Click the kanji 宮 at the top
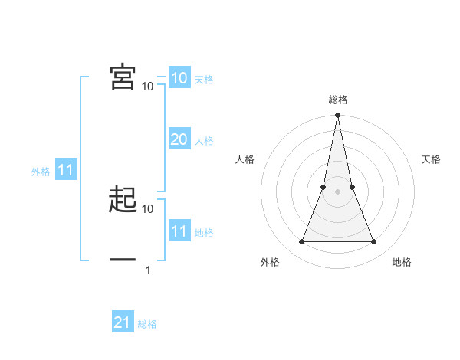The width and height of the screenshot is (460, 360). [x=123, y=77]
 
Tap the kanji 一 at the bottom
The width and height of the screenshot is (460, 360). [x=123, y=261]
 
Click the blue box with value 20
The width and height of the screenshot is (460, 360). [x=179, y=139]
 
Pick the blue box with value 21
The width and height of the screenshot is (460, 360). [x=123, y=322]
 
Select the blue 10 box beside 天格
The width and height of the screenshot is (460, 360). [x=179, y=78]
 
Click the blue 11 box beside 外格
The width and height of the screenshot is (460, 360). [x=65, y=171]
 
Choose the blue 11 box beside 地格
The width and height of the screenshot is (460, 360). [x=179, y=231]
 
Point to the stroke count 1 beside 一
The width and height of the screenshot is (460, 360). [x=148, y=270]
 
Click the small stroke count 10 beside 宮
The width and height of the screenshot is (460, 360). [x=148, y=87]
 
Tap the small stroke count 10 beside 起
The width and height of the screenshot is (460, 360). [x=148, y=208]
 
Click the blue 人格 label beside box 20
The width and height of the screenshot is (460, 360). [x=204, y=141]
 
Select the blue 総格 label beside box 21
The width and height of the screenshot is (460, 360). [x=147, y=324]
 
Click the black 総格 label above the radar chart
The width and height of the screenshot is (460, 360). [x=337, y=100]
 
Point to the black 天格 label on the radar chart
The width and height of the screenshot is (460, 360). [x=432, y=159]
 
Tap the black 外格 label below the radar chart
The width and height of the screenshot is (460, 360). [x=270, y=262]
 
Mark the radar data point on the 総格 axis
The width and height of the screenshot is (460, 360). [x=337, y=116]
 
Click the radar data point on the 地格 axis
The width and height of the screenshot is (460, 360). [x=373, y=242]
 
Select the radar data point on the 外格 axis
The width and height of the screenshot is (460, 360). [x=301, y=242]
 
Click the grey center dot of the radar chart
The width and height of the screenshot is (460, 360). [x=337, y=191]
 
